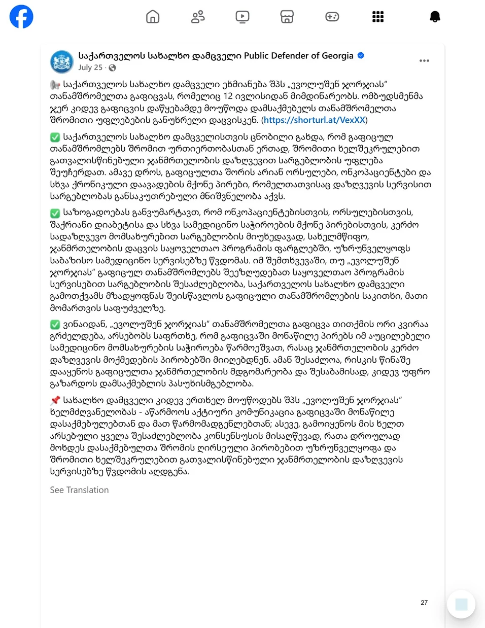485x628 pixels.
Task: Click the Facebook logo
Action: (x=21, y=17)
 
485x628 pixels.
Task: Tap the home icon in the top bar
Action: (x=153, y=17)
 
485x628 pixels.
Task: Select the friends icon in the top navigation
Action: (x=198, y=17)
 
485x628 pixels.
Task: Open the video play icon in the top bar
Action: (x=243, y=17)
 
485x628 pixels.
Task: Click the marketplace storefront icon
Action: (x=287, y=17)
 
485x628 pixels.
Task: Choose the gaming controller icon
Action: (x=332, y=17)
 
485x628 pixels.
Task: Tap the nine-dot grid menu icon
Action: (x=378, y=17)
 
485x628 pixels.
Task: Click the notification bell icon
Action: (x=435, y=17)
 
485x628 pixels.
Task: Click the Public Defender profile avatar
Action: (x=62, y=62)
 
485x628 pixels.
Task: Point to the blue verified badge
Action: (x=361, y=55)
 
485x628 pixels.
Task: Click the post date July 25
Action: (x=90, y=67)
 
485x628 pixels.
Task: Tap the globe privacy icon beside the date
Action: (x=112, y=67)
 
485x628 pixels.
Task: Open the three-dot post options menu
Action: (x=424, y=60)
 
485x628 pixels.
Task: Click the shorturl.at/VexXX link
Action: (x=314, y=120)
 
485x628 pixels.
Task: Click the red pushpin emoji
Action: (x=55, y=400)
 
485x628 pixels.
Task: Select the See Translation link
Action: (x=79, y=490)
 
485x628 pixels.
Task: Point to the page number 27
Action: (x=424, y=603)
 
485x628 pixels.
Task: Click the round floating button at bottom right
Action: (x=461, y=604)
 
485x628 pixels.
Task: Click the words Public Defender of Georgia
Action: (x=298, y=56)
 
